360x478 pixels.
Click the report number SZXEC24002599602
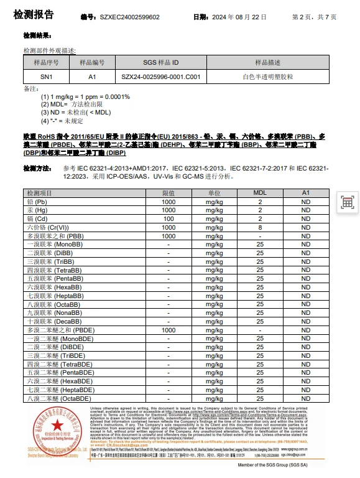pos(129,17)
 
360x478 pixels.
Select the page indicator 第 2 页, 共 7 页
pos(314,17)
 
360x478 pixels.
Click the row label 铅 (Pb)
pos(37,202)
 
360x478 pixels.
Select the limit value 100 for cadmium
pos(168,219)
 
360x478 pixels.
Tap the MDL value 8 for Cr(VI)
pos(261,228)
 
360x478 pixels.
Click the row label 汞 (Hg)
pos(37,211)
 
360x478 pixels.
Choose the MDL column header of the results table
pos(261,194)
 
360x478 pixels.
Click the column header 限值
pos(168,194)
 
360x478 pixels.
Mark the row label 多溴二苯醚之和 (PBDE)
pos(60,330)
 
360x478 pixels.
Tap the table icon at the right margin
pos(347,202)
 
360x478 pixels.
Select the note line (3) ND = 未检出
pos(76,113)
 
